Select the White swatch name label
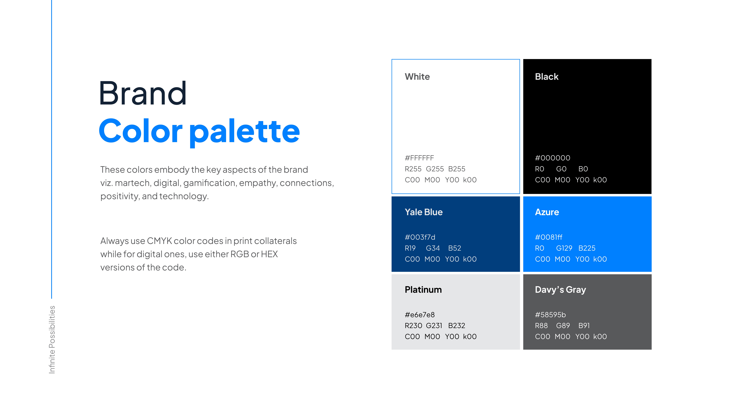(417, 77)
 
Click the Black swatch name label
(547, 77)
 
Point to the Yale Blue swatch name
(424, 212)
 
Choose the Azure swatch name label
(547, 212)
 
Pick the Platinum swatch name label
(423, 290)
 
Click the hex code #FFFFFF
(419, 158)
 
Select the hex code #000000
(553, 158)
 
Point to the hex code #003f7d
(420, 237)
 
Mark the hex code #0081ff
(549, 237)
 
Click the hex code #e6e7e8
(420, 315)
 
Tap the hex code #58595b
(550, 315)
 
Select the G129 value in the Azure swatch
(564, 248)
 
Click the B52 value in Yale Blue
(455, 248)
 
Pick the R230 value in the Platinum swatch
(413, 326)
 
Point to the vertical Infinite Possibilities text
(52, 339)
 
